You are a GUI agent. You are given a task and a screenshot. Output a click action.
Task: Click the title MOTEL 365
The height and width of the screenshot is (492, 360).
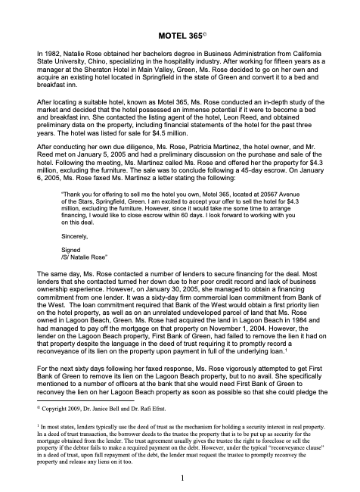[178, 35]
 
